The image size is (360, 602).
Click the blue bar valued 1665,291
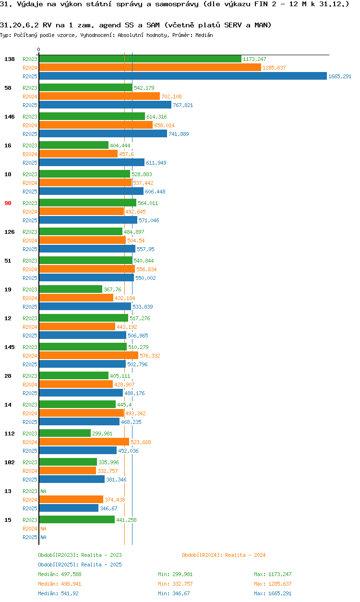[182, 76]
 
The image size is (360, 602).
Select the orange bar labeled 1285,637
[150, 68]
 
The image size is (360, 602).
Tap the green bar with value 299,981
[65, 433]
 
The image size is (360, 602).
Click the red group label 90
[8, 203]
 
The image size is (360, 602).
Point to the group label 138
[9, 59]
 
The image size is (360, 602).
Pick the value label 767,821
[183, 105]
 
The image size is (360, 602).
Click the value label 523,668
[141, 442]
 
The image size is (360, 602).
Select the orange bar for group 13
[71, 500]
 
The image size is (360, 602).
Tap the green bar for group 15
[77, 520]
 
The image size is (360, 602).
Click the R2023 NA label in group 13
[43, 491]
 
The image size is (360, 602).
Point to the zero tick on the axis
[39, 50]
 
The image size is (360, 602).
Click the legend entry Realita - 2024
[224, 555]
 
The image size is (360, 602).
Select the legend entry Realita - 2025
[80, 565]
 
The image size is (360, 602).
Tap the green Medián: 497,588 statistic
[60, 574]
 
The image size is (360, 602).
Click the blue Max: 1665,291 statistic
[273, 593]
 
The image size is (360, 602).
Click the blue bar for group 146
[103, 134]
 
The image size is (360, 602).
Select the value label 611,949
[156, 163]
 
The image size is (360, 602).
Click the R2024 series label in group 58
[30, 96]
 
